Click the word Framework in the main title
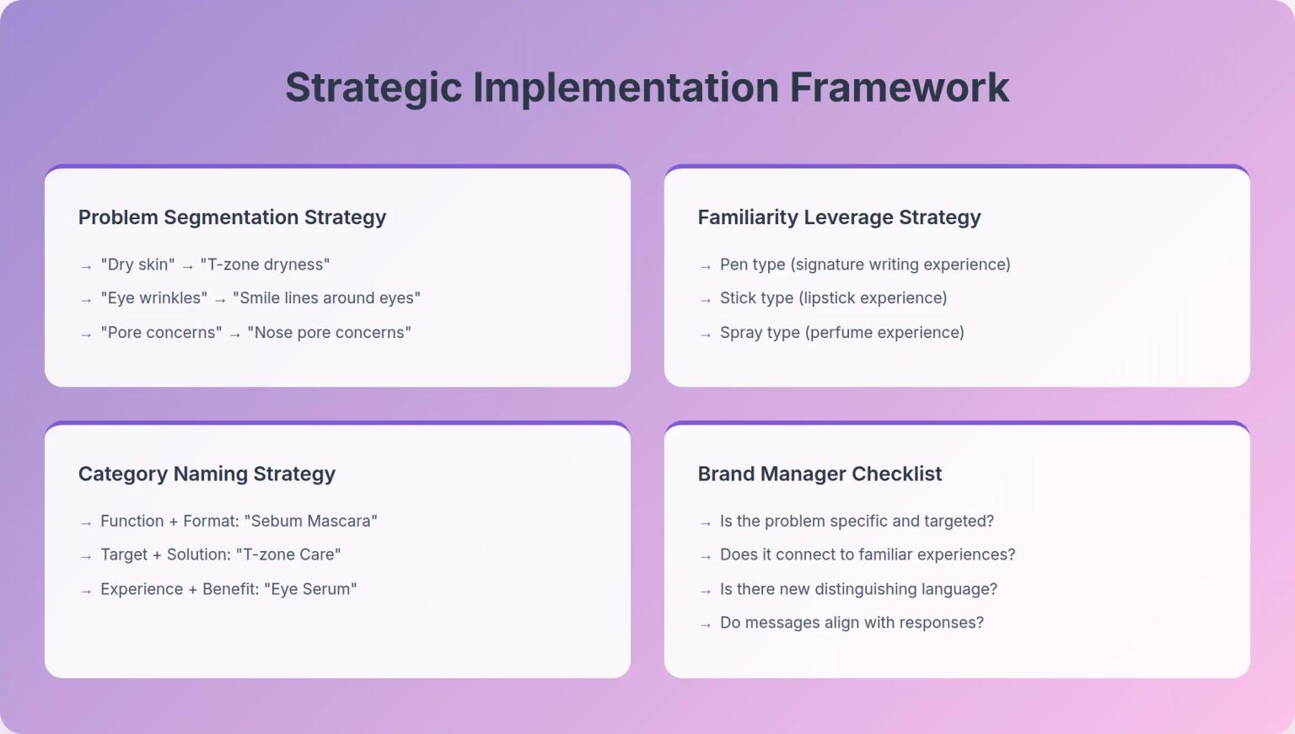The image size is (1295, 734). click(899, 88)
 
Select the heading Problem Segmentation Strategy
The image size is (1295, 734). click(232, 217)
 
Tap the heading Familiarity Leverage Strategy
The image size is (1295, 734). click(839, 217)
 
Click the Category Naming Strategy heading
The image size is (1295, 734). click(207, 474)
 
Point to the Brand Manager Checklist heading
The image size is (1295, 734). click(819, 474)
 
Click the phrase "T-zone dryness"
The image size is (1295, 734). click(265, 265)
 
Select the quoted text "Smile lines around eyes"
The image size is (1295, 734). click(326, 298)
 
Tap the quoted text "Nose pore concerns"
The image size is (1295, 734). click(329, 333)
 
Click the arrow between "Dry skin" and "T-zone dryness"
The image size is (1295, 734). click(187, 266)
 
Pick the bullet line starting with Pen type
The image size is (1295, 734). click(864, 265)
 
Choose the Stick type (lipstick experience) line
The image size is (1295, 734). click(833, 298)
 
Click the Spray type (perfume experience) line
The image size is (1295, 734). click(841, 333)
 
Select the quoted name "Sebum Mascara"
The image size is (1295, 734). click(310, 521)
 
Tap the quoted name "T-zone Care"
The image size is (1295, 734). click(288, 555)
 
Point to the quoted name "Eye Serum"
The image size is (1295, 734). click(310, 589)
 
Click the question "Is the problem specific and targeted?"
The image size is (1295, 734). click(857, 521)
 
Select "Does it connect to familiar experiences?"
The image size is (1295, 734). click(867, 555)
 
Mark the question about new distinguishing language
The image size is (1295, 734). click(858, 589)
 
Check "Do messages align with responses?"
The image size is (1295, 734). click(852, 623)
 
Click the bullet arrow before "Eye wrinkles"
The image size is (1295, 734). click(86, 300)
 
